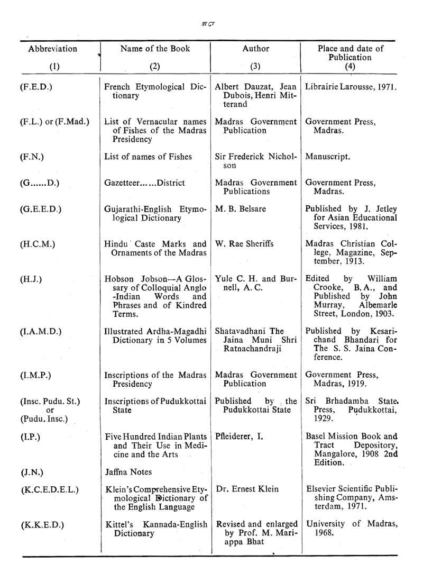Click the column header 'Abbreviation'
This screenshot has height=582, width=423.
[52, 49]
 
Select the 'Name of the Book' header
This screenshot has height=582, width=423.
[155, 49]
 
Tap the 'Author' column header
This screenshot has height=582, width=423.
[256, 49]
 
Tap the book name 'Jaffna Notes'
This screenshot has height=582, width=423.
[128, 471]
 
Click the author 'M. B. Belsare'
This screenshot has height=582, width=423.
[241, 209]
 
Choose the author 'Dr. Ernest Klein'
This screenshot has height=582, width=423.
[247, 489]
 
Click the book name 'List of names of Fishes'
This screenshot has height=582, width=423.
[148, 157]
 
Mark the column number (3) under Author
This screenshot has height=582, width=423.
[256, 67]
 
